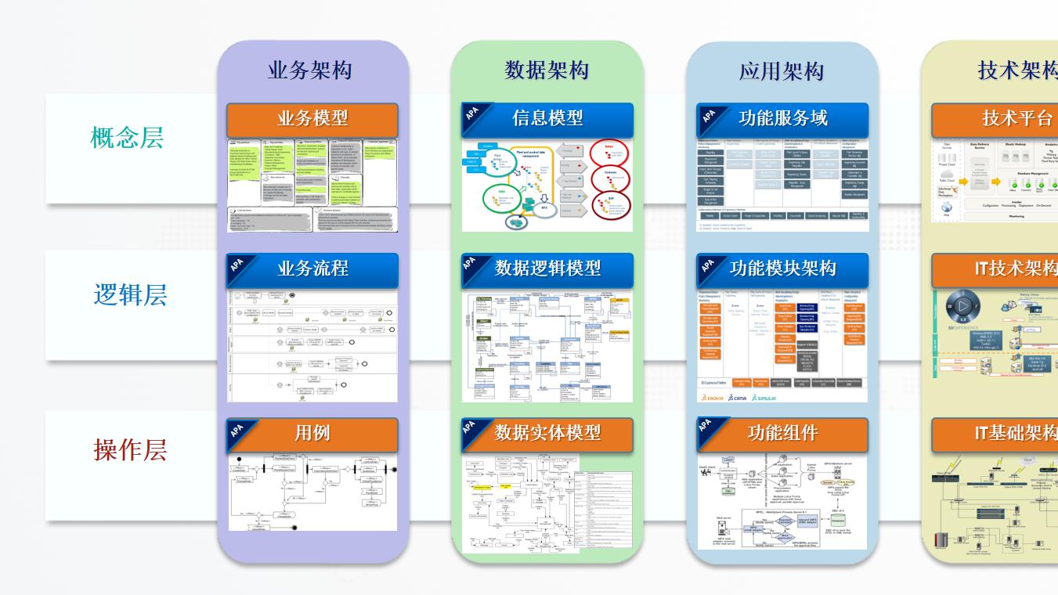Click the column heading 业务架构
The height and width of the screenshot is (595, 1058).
coord(312,70)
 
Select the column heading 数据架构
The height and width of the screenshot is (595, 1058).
coord(547,70)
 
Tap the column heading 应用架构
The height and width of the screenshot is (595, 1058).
coord(782,71)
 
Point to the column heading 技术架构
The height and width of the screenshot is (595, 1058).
coord(1016,70)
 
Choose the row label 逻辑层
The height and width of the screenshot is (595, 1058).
coord(130,295)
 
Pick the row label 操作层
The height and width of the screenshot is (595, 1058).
coord(130,450)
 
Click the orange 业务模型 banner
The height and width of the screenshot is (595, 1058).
coord(312,119)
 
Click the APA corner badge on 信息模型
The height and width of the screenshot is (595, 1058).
coord(472,114)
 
